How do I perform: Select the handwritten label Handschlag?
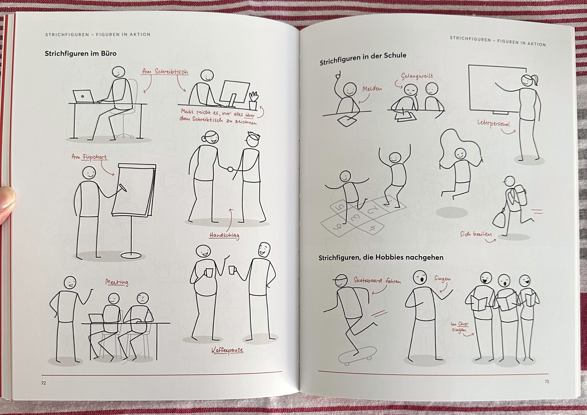[x=224, y=236]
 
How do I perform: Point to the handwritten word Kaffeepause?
[x=227, y=350]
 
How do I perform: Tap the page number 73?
[x=547, y=389]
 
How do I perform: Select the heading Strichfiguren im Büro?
[x=80, y=54]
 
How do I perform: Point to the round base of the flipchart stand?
[x=131, y=256]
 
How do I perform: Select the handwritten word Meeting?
[x=117, y=282]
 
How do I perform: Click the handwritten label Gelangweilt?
[x=417, y=76]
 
